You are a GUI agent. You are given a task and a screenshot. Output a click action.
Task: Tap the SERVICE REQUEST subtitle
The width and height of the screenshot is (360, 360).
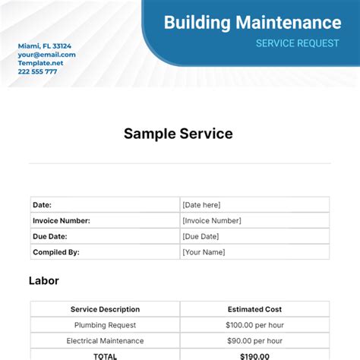[297, 43]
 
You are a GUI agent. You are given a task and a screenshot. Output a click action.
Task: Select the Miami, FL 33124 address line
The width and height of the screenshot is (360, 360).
[45, 46]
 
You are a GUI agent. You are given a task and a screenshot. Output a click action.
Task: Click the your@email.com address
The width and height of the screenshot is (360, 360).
[47, 55]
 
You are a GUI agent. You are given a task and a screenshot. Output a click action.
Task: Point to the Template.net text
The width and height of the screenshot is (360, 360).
[41, 63]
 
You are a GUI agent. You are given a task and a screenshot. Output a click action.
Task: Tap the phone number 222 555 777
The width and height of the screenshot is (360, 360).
[38, 71]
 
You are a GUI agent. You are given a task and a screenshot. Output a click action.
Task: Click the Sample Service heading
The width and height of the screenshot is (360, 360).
[178, 134]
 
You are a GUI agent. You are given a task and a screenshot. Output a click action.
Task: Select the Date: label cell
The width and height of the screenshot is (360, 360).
[43, 204]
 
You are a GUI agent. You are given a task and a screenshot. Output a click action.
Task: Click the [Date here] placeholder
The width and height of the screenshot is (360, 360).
[201, 204]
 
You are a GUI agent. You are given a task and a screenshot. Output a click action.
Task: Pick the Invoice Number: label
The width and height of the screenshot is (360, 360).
[62, 220]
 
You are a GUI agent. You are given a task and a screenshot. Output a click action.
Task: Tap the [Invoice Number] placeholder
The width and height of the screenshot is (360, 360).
[212, 220]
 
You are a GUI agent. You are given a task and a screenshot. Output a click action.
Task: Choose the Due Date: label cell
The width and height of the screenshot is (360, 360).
[51, 236]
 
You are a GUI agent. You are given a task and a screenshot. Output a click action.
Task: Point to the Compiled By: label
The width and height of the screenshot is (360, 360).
[56, 252]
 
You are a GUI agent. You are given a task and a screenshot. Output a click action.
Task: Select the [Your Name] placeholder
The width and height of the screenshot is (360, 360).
[204, 252]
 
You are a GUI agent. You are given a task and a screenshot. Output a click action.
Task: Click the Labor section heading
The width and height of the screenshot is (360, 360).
[44, 281]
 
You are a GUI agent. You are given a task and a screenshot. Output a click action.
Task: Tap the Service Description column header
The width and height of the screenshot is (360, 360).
[105, 309]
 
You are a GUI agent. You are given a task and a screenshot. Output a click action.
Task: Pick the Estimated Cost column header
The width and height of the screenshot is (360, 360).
[254, 309]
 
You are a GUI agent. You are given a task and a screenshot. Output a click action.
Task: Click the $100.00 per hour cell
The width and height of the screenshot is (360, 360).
[254, 325]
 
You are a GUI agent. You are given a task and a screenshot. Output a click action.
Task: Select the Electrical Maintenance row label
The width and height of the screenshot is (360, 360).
[105, 341]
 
